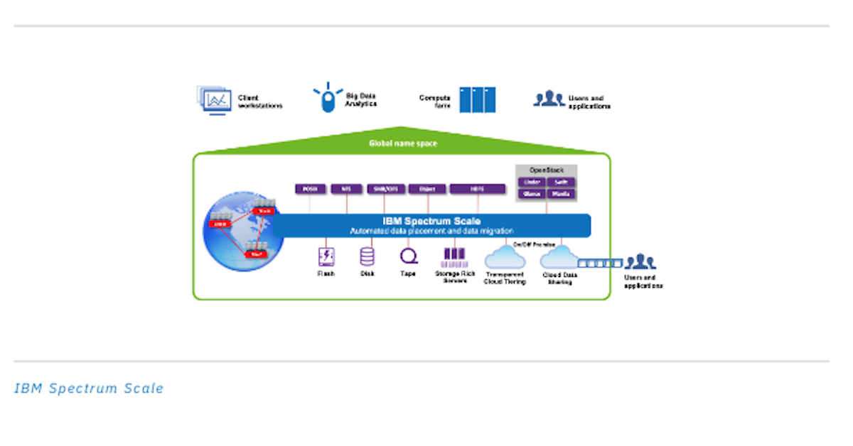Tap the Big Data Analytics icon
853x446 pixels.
click(x=327, y=98)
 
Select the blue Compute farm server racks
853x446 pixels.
click(x=477, y=100)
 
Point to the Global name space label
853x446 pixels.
click(x=402, y=143)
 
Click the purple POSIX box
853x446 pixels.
click(x=310, y=189)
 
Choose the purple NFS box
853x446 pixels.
click(x=346, y=189)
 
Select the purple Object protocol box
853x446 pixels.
click(x=427, y=189)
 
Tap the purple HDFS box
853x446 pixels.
click(x=477, y=189)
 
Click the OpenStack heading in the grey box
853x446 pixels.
click(x=546, y=170)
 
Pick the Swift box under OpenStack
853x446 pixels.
click(x=561, y=182)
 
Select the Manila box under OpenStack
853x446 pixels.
click(x=561, y=194)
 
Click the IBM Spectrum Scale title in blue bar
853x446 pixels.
click(x=431, y=221)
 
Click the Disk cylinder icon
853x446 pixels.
click(x=368, y=256)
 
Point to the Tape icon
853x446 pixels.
click(x=409, y=256)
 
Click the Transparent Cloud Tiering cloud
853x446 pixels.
click(x=505, y=256)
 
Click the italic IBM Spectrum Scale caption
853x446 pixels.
click(x=89, y=388)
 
